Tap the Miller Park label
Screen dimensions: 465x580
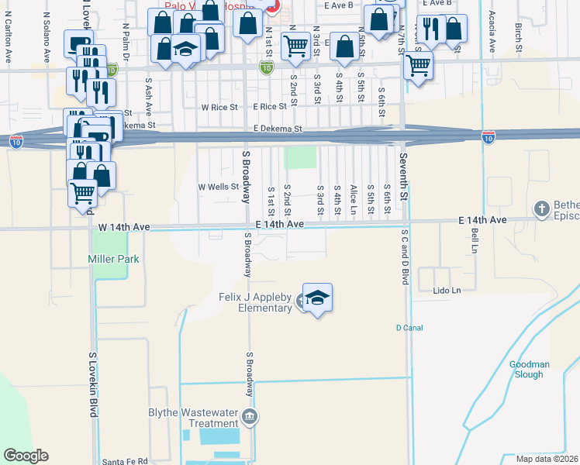(113, 259)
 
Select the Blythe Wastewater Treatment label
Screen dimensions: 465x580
(192, 418)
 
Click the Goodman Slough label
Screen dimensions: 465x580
(530, 369)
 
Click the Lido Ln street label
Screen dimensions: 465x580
(447, 291)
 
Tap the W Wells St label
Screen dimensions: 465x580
(218, 187)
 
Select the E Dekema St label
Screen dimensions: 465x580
(277, 129)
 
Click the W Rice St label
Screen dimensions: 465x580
(219, 107)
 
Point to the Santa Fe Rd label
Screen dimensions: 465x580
(125, 460)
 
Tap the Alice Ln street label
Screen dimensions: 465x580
(354, 199)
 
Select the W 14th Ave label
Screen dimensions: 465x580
(123, 227)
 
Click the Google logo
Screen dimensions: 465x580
(26, 456)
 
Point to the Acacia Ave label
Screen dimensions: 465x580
(492, 32)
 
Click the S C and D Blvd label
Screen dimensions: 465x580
(404, 256)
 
